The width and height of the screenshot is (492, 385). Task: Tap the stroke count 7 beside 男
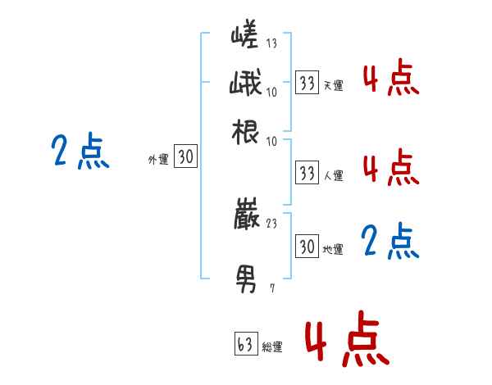pyautogui.click(x=271, y=288)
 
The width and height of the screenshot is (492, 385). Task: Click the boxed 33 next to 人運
pyautogui.click(x=307, y=173)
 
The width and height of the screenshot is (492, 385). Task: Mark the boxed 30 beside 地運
pyautogui.click(x=307, y=246)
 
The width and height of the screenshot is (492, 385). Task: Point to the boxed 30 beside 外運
pyautogui.click(x=186, y=157)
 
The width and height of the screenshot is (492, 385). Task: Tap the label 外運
pyautogui.click(x=158, y=161)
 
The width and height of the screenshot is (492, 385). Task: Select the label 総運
pyautogui.click(x=271, y=347)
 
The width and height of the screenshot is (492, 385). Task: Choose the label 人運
pyautogui.click(x=334, y=175)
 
